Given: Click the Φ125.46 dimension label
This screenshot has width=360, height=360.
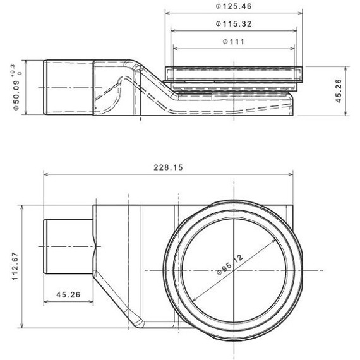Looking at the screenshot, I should [234, 6].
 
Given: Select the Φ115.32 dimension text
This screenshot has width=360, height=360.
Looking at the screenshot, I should [234, 24].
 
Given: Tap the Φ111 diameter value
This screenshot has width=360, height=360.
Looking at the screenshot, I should [234, 42].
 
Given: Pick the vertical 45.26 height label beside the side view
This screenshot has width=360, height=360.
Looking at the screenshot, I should [339, 91].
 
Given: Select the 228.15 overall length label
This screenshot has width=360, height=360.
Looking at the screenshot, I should [169, 168].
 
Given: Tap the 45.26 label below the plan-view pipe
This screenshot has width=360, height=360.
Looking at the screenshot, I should [68, 294].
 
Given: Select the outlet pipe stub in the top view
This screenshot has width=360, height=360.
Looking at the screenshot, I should [68, 246].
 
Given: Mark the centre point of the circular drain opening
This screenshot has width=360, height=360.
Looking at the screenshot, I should [234, 270].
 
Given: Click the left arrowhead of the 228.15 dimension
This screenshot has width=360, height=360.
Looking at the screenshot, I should [46, 174].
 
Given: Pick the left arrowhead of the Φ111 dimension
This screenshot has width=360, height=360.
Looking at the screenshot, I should [176, 48].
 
